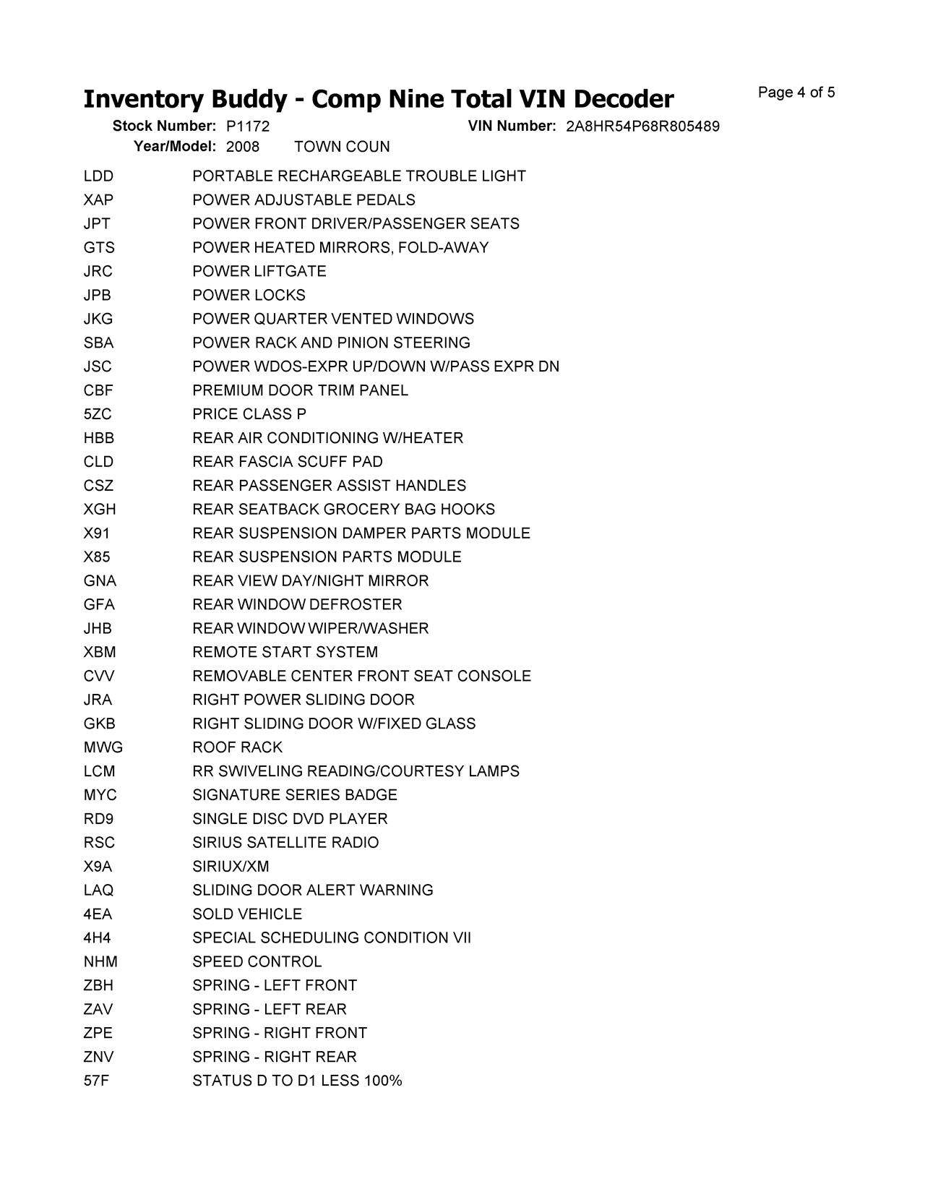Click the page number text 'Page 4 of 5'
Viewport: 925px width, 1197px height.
click(796, 93)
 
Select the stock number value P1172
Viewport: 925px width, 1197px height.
click(248, 126)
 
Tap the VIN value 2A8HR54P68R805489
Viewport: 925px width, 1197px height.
click(642, 126)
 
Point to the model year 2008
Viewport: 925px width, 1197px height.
click(243, 147)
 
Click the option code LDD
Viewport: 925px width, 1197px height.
click(98, 176)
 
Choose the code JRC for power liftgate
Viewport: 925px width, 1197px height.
click(98, 272)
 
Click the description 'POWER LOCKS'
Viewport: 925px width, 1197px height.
click(249, 296)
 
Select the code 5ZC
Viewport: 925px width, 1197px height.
click(98, 414)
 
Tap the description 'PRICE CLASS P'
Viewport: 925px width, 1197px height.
click(249, 414)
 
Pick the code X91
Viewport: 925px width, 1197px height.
click(97, 533)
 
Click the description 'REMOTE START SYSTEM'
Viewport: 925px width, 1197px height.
click(285, 653)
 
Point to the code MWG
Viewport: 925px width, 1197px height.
click(103, 747)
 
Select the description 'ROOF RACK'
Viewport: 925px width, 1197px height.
click(237, 747)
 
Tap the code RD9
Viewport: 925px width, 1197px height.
click(98, 819)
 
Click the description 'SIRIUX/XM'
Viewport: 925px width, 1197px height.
click(231, 867)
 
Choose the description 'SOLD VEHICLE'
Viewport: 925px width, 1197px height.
click(247, 914)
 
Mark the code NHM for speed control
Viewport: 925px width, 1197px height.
click(100, 962)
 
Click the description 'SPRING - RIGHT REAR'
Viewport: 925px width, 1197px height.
click(275, 1057)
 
